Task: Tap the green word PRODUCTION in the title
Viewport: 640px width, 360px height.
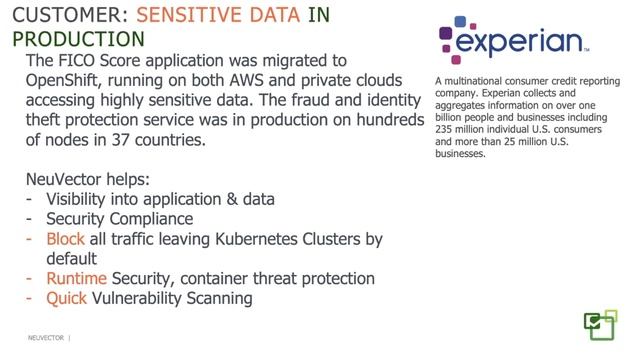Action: point(76,39)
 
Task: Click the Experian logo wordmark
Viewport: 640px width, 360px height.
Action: point(520,43)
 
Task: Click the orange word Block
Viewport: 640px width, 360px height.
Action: point(66,239)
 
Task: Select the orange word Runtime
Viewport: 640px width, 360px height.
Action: point(79,278)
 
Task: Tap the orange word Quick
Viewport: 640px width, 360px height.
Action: point(67,298)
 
